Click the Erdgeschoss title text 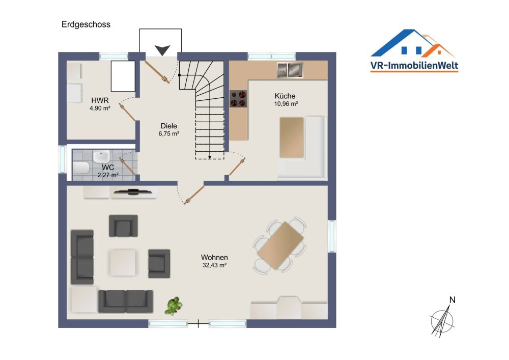86,24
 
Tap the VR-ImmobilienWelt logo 414,51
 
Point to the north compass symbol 442,319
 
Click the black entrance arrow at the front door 162,50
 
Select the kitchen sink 290,70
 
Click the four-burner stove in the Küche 238,98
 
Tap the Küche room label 285,96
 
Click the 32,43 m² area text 214,265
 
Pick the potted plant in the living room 174,306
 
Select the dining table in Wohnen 280,246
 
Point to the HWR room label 100,100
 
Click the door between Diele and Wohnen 194,196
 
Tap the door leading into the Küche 237,167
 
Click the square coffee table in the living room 123,262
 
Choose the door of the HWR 127,112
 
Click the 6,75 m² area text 168,134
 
